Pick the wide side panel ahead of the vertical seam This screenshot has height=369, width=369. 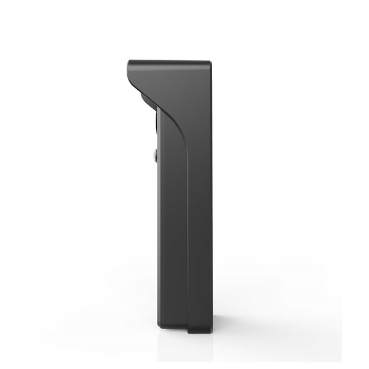172,234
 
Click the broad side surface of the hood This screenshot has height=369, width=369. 178,86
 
